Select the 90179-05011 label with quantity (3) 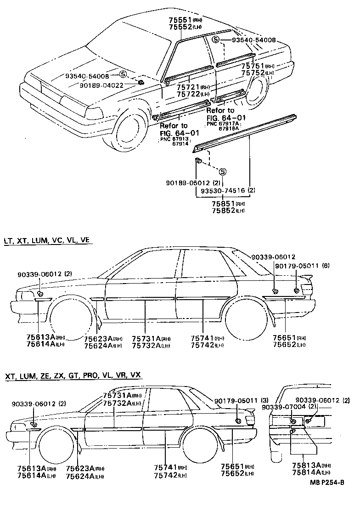point(236,400)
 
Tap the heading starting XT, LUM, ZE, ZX point(73,375)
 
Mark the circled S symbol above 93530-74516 point(222,171)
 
